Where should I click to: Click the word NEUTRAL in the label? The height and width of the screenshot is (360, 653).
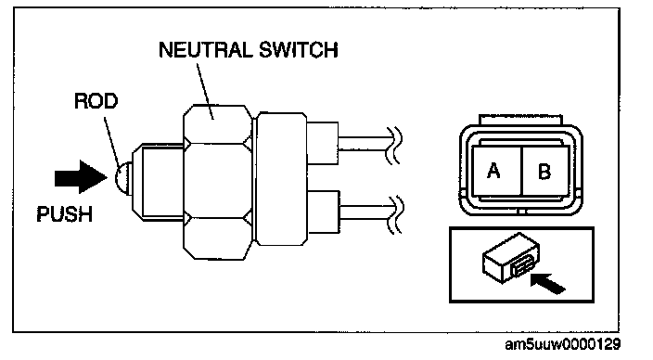[206, 50]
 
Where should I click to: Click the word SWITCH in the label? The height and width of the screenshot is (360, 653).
[299, 50]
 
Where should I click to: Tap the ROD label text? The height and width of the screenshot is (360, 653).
[96, 101]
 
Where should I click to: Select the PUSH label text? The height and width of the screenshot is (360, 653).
[65, 214]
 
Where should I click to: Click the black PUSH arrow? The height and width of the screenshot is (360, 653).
[82, 177]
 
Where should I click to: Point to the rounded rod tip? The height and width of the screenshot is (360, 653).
[123, 177]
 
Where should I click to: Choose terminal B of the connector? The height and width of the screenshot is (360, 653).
[545, 171]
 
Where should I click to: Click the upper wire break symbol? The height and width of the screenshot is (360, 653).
[394, 146]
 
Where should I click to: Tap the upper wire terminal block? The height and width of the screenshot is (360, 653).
[323, 143]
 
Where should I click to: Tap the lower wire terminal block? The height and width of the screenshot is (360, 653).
[323, 212]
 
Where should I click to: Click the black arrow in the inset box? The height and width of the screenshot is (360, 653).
[548, 283]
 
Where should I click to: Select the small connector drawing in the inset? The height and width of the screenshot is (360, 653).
[511, 258]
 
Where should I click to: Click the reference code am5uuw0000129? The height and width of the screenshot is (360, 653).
[563, 344]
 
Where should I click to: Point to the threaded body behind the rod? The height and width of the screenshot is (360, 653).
[159, 181]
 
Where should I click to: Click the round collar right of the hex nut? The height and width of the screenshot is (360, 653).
[281, 179]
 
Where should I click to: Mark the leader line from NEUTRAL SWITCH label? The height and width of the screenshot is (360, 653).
[205, 91]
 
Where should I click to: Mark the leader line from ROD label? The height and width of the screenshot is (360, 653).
[112, 142]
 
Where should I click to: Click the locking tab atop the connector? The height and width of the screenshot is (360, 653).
[520, 120]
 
